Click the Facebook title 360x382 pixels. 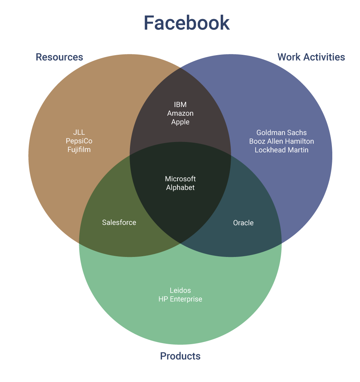(186, 23)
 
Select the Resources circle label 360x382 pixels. (59, 57)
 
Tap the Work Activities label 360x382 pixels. (311, 57)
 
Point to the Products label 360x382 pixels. (180, 356)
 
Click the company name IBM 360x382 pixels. (180, 105)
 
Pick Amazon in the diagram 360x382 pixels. (180, 113)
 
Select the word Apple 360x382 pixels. (180, 122)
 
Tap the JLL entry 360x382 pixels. (79, 133)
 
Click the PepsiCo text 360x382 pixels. (79, 141)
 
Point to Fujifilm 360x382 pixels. (79, 149)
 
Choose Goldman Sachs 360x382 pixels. (282, 133)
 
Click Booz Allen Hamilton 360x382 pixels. (282, 141)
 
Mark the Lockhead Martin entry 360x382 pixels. (282, 150)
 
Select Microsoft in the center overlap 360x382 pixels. (180, 179)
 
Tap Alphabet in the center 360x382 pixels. (180, 187)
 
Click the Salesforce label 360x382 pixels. (119, 222)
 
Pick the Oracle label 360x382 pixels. (243, 223)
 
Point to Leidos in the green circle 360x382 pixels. (180, 290)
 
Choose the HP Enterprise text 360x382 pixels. (180, 299)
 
